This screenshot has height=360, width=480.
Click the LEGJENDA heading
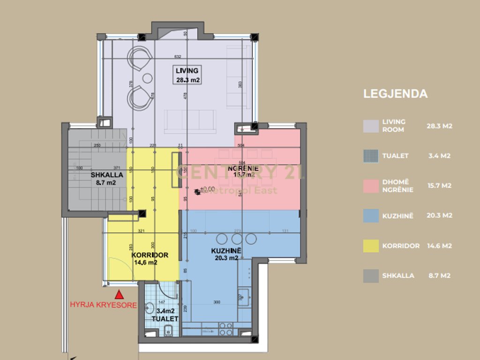pos(395,94)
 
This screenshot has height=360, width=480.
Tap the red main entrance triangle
pos(120,295)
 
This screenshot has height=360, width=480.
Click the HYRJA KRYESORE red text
pos(103,305)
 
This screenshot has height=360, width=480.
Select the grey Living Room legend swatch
pos(370,126)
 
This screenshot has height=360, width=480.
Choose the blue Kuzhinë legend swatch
pos(370,215)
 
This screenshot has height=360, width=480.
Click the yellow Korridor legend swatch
pos(370,246)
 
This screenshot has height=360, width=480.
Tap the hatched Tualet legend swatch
pos(370,156)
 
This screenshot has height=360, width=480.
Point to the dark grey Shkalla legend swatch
pos(370,276)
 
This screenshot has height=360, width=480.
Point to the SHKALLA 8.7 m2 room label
pos(107,179)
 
